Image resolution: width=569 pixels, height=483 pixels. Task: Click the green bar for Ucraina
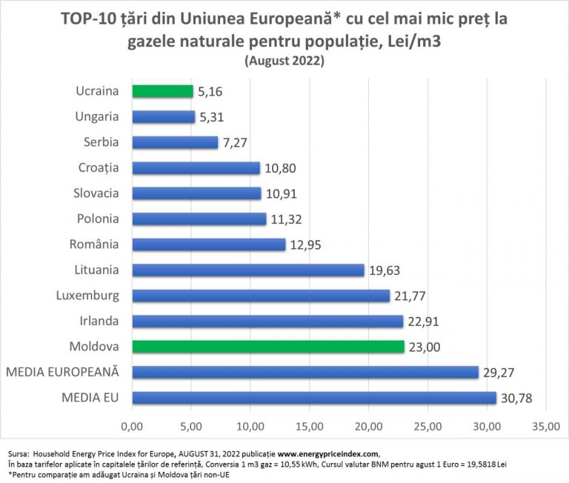click(162, 91)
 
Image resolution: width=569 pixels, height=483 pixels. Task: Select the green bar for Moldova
click(268, 346)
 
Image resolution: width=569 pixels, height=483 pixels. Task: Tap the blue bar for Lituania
click(248, 270)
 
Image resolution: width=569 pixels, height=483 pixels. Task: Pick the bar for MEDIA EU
click(314, 398)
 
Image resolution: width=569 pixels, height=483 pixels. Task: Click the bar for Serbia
click(175, 142)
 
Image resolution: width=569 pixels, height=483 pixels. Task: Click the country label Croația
click(99, 167)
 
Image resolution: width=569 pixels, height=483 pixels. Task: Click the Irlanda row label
click(100, 321)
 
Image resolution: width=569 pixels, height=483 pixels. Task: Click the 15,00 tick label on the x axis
click(309, 427)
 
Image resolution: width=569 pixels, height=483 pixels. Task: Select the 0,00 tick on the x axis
click(132, 427)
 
